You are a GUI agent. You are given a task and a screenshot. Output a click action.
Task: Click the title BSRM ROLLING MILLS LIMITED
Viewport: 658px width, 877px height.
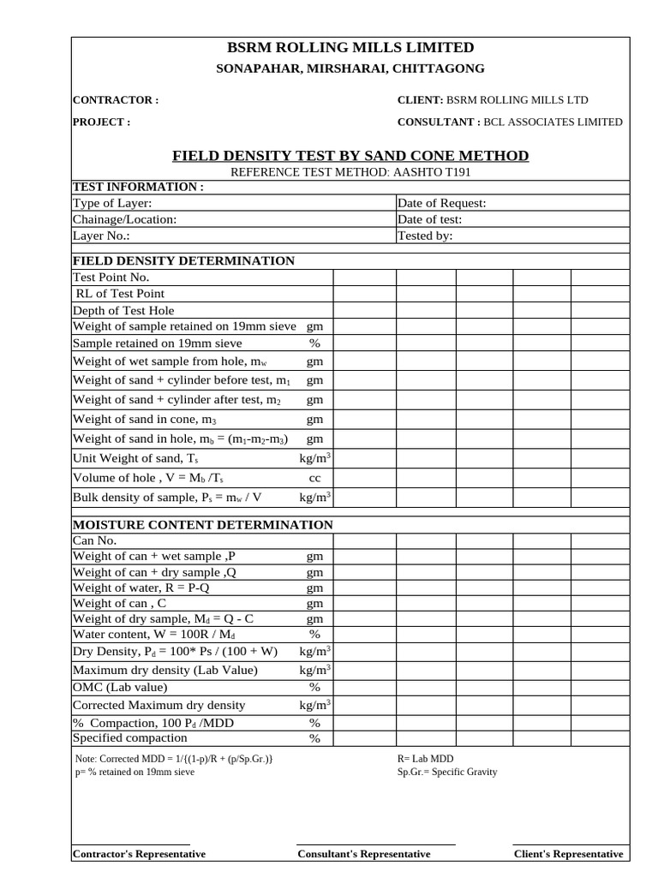coord(350,47)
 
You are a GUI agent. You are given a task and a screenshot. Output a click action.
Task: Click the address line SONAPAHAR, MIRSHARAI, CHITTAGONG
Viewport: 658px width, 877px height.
coord(350,69)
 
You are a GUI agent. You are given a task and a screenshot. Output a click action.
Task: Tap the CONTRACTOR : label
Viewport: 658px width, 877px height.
coord(116,100)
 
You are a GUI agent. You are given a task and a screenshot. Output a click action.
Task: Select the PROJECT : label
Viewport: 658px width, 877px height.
coord(102,122)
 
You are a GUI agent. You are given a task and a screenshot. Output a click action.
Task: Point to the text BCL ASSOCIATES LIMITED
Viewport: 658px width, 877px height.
coord(553,122)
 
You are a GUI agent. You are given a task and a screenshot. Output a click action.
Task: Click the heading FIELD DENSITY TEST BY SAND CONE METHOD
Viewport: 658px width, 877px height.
coord(350,155)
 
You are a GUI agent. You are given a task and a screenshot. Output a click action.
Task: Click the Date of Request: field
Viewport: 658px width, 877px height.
coord(442,203)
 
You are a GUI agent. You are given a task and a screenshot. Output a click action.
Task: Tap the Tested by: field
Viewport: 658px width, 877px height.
coord(425,236)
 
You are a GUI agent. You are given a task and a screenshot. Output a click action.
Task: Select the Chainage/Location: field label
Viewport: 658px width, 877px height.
coord(125,219)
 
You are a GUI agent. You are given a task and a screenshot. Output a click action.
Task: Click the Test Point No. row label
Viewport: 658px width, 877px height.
coord(112,277)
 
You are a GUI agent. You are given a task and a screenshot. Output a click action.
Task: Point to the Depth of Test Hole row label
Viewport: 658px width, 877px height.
coord(123,310)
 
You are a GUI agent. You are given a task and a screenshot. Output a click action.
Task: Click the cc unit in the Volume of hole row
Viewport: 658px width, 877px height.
coord(314,477)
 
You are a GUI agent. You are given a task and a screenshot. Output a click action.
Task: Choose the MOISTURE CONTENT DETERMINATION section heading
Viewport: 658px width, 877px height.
coord(202,524)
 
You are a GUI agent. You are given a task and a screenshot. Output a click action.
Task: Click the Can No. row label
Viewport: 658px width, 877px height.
coord(94,540)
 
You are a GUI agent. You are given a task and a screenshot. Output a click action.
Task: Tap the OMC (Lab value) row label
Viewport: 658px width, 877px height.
coord(120,687)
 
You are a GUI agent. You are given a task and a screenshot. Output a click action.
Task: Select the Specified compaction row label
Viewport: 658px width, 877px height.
coord(129,737)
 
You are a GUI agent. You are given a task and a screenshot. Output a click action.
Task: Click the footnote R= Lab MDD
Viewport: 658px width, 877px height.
coord(426,759)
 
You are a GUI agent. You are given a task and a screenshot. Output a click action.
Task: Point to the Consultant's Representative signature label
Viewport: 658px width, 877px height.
coord(364,854)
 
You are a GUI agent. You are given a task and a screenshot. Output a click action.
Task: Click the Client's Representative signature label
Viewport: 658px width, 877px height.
coord(568,854)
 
